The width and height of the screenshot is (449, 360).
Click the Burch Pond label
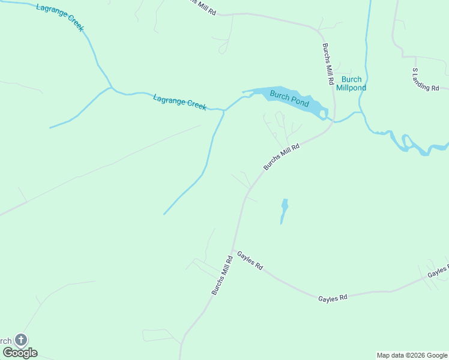(x=289, y=98)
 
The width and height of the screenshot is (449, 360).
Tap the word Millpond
(x=351, y=88)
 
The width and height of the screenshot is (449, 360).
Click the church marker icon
(x=21, y=340)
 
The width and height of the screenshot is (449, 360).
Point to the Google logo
(x=20, y=353)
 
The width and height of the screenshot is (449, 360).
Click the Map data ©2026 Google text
(x=412, y=355)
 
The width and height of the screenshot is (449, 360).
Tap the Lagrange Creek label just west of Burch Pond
(x=179, y=102)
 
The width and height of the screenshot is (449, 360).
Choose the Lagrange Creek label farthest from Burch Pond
(x=60, y=17)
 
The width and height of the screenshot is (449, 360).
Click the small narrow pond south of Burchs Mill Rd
(x=284, y=211)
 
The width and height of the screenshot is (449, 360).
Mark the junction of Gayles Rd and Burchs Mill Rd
(x=234, y=251)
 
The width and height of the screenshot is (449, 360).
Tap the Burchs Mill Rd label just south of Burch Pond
(x=281, y=157)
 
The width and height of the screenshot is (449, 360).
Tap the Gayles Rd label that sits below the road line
(x=333, y=298)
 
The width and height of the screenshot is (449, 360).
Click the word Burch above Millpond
(x=351, y=79)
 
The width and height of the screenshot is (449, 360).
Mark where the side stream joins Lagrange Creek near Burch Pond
(x=224, y=110)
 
